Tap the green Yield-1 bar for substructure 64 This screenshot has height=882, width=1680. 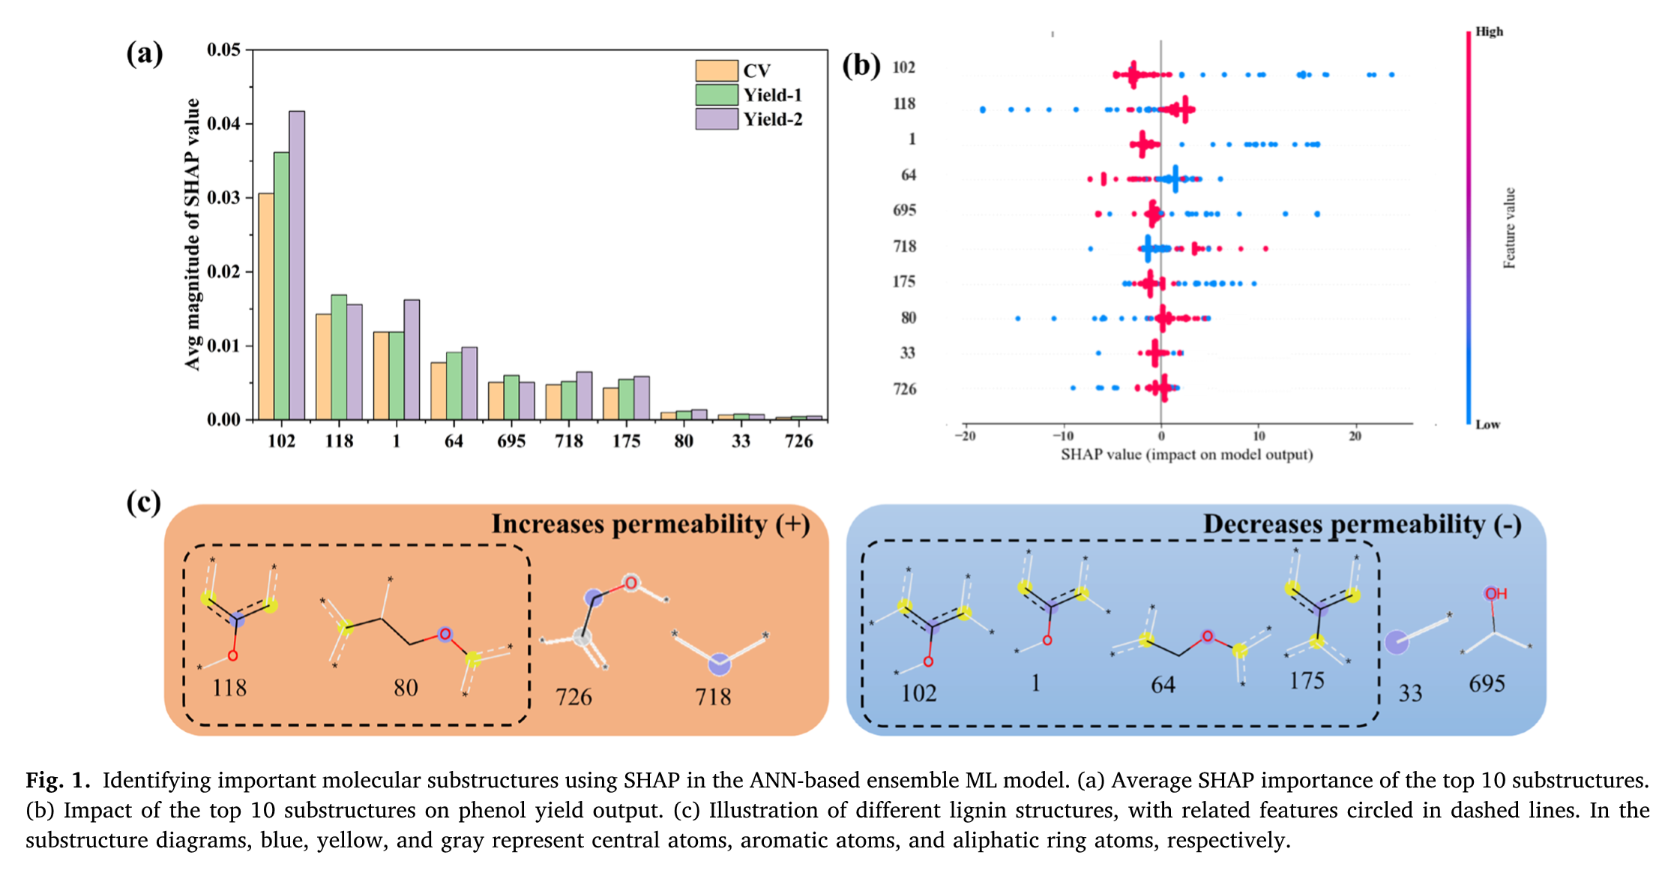tap(454, 385)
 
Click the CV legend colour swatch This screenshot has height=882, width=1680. tap(716, 70)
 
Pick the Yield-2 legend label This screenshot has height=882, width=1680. tap(773, 119)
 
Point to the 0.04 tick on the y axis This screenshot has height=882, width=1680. tap(223, 124)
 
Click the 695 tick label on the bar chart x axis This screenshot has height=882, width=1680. tap(511, 441)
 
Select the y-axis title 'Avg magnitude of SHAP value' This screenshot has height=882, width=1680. tap(193, 234)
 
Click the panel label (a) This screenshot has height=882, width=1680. tap(144, 54)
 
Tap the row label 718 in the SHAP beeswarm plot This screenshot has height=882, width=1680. tap(904, 246)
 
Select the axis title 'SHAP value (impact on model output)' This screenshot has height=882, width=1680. tap(1187, 454)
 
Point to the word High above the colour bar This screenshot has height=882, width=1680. tap(1489, 31)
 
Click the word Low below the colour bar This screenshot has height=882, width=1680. tap(1487, 424)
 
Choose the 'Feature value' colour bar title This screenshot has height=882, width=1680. tap(1509, 228)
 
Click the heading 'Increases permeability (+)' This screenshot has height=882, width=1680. tap(650, 524)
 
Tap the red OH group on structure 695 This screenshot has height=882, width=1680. tap(1496, 594)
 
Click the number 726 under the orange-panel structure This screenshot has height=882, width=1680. tap(573, 697)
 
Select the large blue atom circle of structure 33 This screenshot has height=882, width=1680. tap(1396, 642)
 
